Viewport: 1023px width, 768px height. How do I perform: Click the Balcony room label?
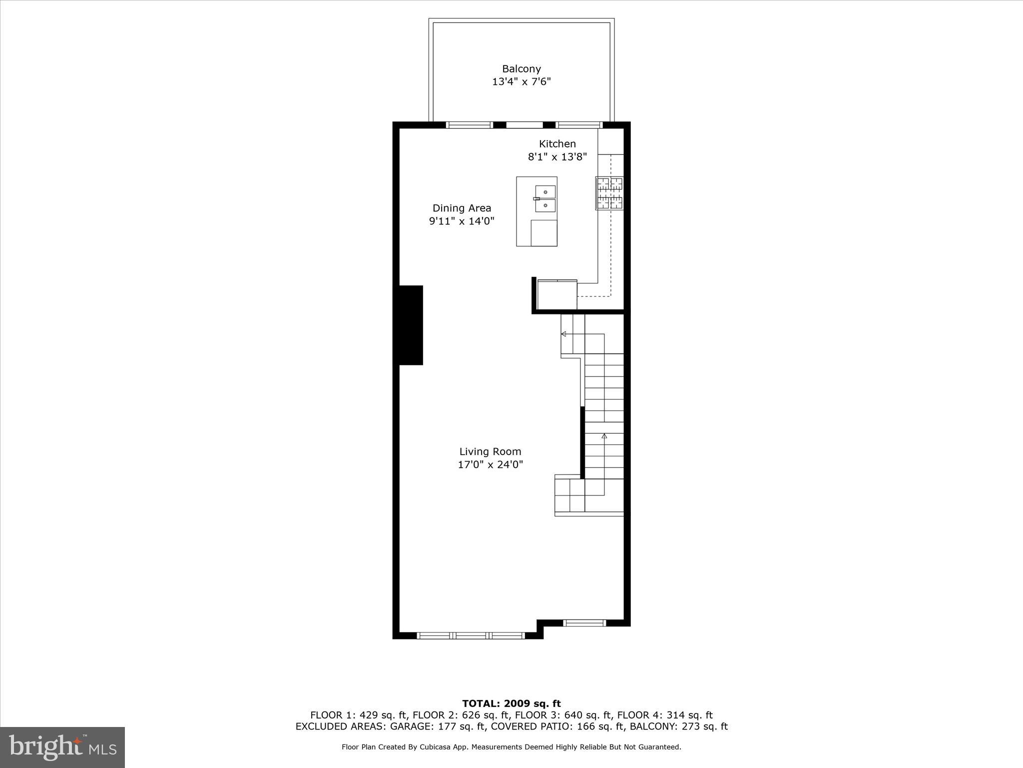521,69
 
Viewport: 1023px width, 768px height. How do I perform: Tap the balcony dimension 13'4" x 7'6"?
521,81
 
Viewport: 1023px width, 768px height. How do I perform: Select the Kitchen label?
557,144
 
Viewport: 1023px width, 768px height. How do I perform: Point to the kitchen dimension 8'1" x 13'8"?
557,157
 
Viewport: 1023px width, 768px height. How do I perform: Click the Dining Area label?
462,208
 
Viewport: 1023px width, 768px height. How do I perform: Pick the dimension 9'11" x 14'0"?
462,221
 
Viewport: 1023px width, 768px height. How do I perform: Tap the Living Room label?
490,451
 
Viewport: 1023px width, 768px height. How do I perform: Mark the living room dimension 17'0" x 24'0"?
490,464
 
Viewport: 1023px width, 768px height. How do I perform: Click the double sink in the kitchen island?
545,198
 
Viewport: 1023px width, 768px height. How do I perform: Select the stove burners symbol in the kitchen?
609,193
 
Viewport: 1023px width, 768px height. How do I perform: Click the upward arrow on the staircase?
604,436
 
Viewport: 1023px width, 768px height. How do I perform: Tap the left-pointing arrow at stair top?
563,333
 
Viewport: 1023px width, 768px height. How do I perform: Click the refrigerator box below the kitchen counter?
557,295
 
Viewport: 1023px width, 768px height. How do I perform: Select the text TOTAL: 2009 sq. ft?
511,704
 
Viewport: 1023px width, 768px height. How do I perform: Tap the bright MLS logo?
62,747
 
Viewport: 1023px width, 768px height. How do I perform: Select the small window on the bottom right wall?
584,623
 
